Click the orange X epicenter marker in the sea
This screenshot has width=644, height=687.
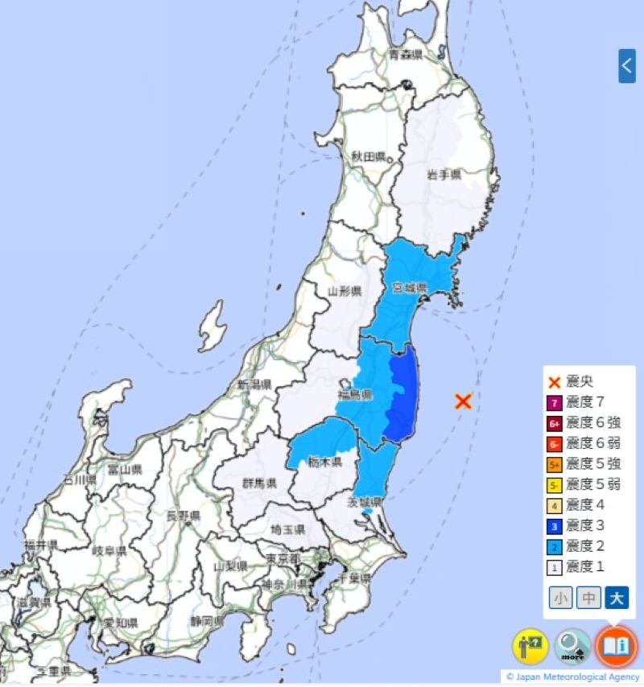(462, 401)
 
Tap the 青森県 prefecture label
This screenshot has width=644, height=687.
(406, 55)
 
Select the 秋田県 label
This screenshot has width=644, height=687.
(369, 156)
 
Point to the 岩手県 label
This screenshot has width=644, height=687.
(444, 175)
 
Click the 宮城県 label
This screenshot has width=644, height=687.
(408, 287)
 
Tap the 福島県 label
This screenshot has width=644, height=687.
(354, 395)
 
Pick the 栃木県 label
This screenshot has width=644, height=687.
(325, 462)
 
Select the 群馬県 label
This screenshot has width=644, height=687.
(260, 483)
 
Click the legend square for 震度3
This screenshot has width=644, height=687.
(554, 525)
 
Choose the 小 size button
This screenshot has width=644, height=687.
(561, 598)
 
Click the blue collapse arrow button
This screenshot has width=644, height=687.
(626, 66)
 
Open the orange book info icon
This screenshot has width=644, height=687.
(617, 645)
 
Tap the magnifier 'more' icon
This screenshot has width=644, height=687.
(572, 645)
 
